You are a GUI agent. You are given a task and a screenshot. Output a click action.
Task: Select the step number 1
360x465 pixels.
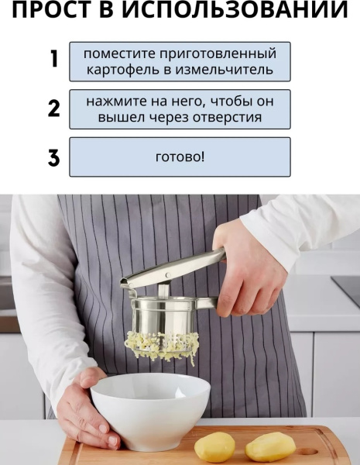coord(53,60)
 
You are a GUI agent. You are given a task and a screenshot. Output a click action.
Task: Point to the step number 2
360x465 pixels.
coord(53,108)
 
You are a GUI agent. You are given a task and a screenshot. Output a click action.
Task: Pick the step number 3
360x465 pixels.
coord(53,157)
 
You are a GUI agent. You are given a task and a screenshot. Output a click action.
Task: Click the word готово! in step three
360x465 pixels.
coord(180,157)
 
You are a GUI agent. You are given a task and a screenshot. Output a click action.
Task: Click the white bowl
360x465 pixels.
coord(150,407)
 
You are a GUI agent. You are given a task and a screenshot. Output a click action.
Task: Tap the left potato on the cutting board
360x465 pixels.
coord(214,446)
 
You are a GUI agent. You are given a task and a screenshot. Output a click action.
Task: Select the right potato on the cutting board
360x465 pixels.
coord(270,446)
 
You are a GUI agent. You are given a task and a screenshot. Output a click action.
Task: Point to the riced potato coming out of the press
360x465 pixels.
coord(163,346)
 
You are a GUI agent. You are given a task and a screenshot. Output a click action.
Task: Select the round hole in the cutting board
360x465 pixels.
coord(308,450)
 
